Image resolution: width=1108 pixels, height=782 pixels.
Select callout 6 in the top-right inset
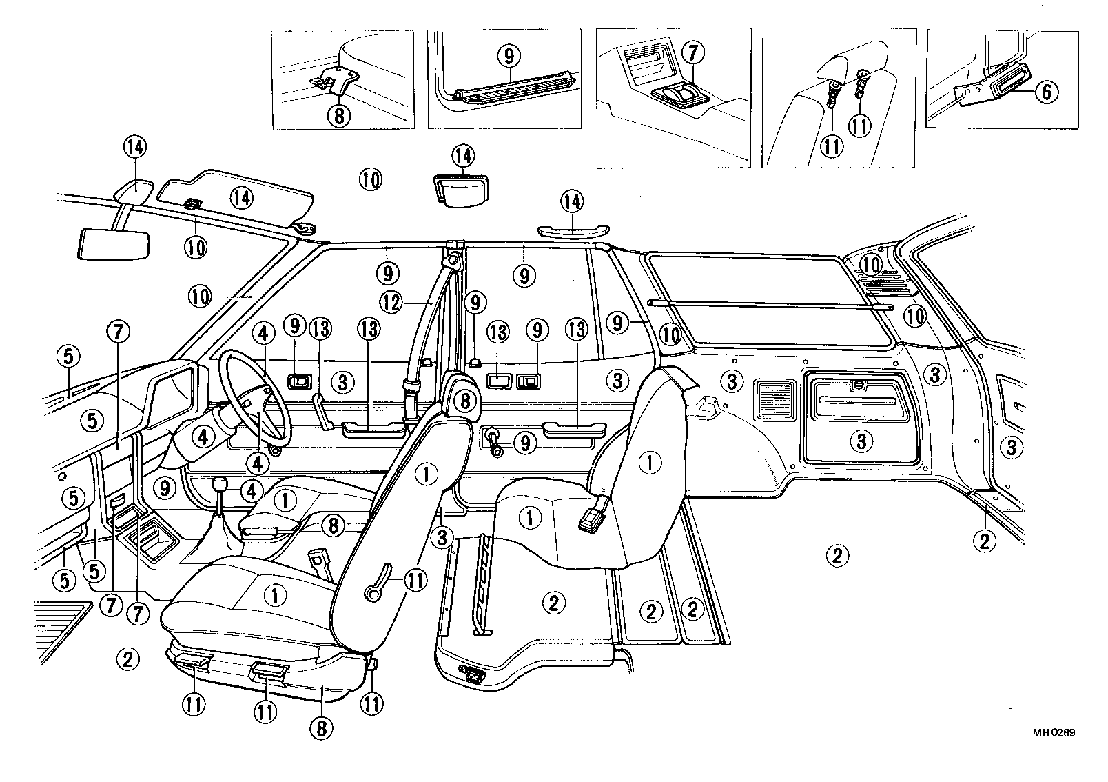[1045, 92]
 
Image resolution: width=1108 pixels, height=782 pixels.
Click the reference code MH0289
[1053, 733]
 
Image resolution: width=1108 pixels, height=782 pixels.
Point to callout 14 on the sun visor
[240, 198]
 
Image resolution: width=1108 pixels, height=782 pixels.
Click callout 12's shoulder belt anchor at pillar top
[454, 259]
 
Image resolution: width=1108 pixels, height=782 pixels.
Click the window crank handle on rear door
[494, 442]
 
